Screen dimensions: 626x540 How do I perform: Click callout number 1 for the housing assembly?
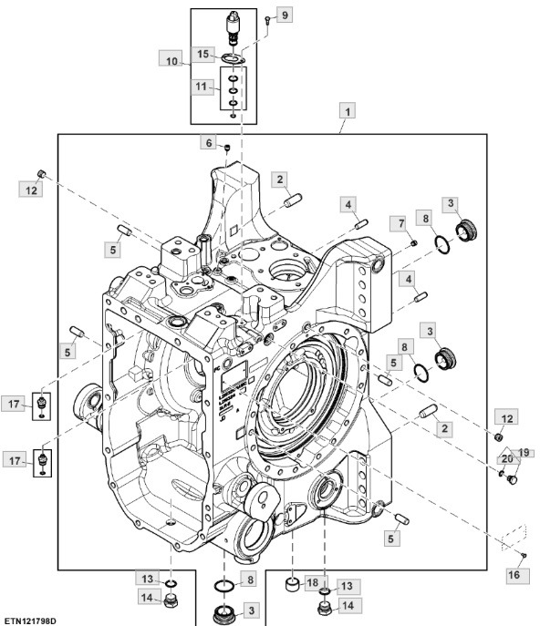click(347, 112)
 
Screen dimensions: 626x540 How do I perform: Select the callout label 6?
click(209, 143)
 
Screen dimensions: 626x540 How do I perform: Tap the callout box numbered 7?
click(400, 223)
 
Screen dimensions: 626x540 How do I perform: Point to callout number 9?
click(284, 15)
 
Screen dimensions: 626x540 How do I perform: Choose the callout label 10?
click(172, 60)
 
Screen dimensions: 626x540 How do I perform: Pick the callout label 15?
click(204, 55)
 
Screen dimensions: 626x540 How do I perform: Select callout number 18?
click(312, 581)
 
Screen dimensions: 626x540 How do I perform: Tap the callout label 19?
click(523, 453)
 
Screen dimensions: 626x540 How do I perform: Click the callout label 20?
click(507, 459)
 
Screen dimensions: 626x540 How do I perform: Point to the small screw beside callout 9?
click(266, 20)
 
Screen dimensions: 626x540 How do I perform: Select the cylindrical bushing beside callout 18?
click(293, 583)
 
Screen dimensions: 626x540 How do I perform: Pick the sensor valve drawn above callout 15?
click(234, 23)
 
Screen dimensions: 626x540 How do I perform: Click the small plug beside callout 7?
click(413, 244)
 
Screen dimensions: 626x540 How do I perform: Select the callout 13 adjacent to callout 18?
click(344, 586)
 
